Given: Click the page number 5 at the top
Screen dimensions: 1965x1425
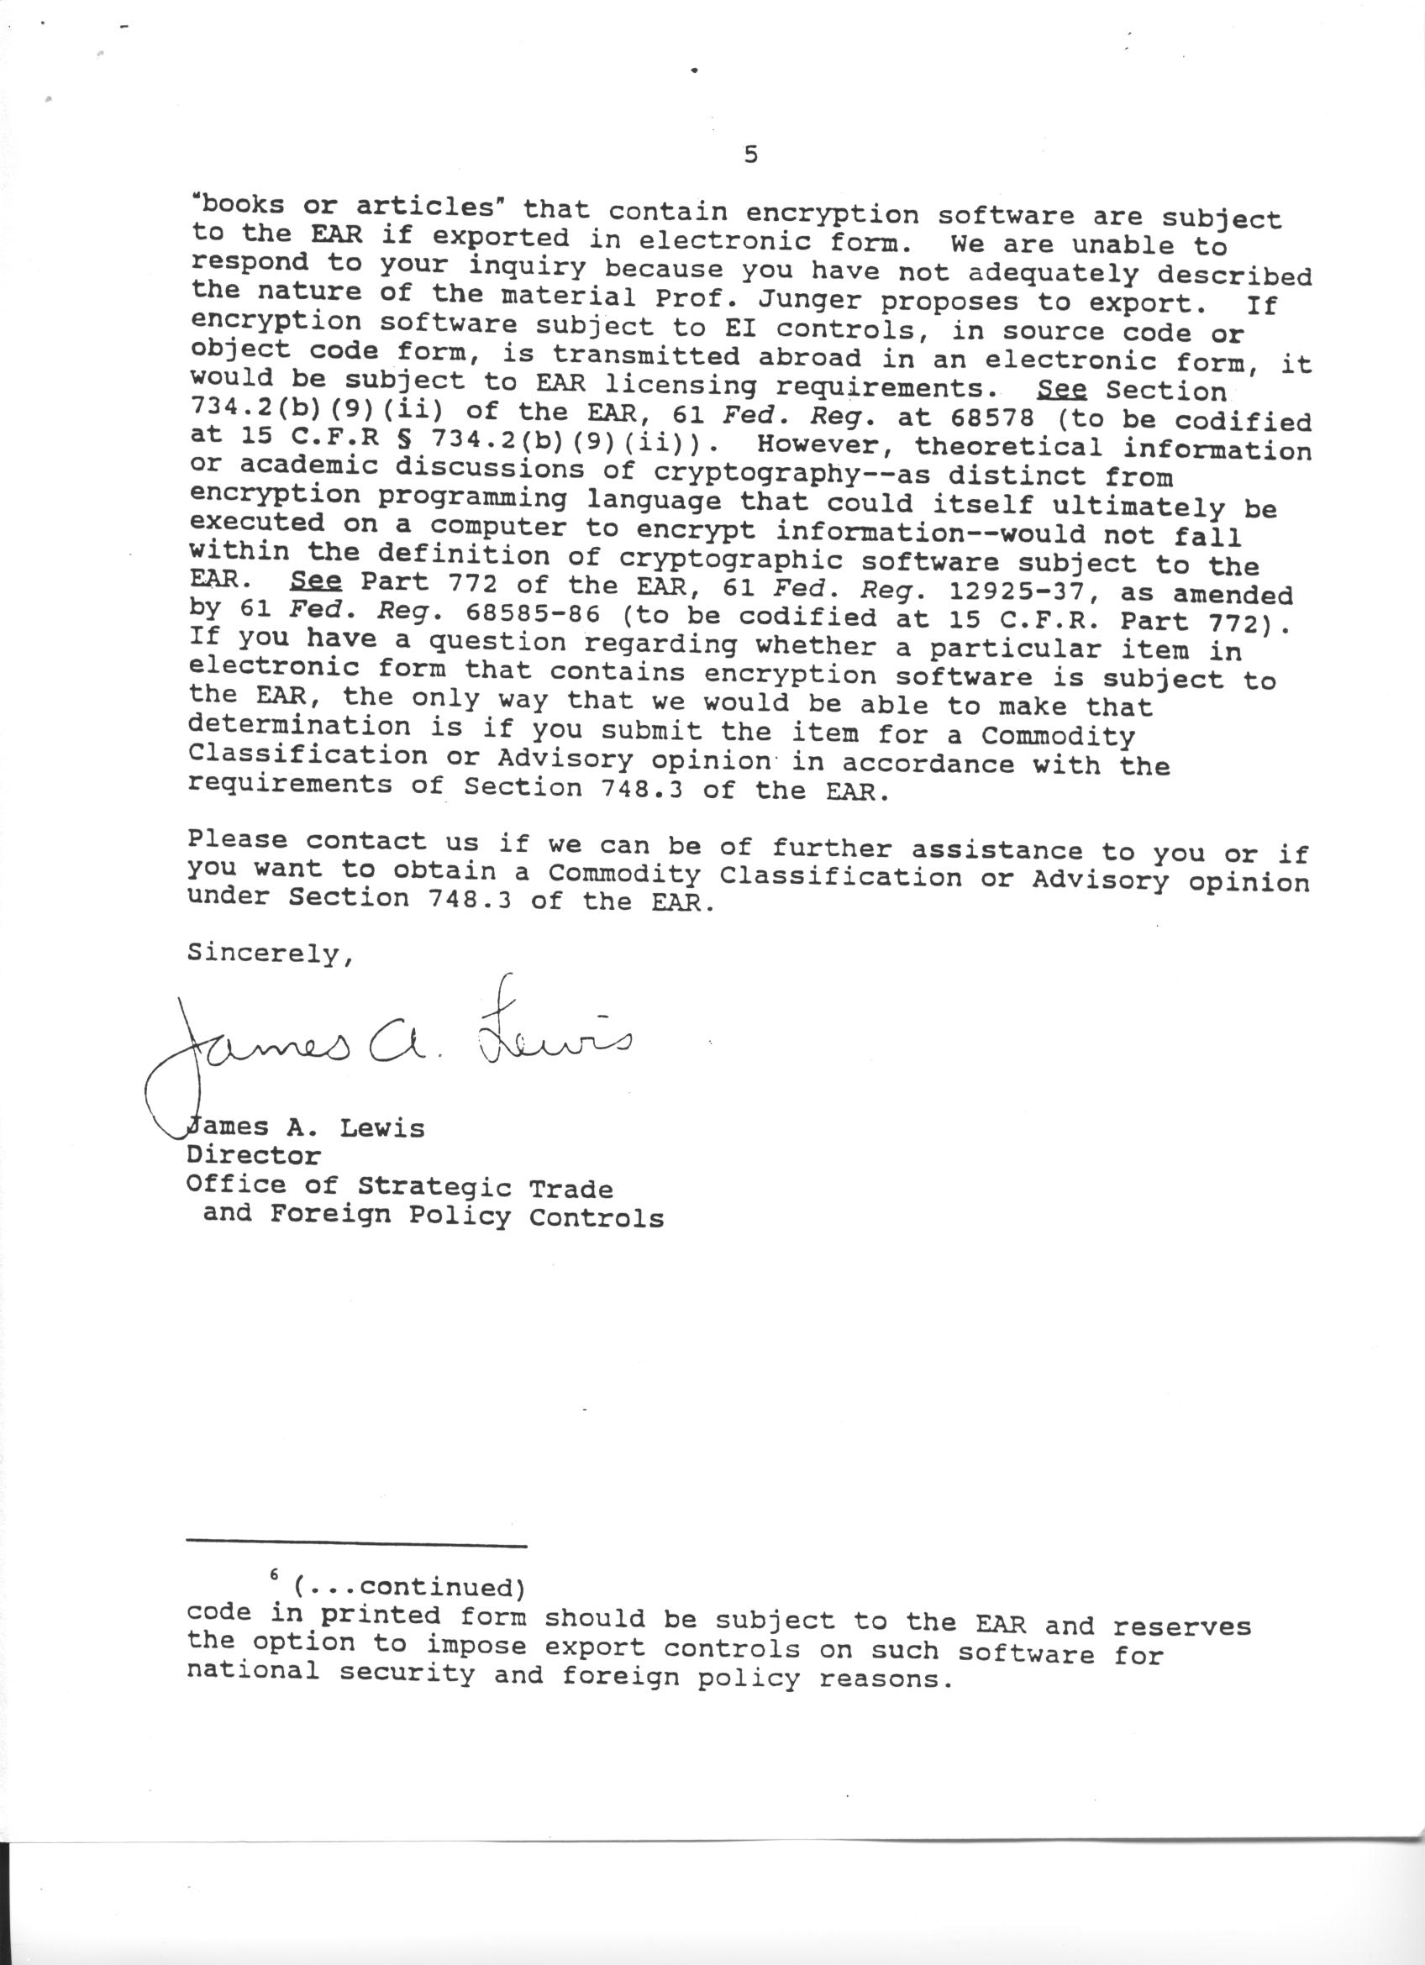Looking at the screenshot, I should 750,155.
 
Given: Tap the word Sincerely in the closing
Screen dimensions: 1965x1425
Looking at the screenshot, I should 270,954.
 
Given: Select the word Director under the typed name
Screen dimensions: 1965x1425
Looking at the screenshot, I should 253,1156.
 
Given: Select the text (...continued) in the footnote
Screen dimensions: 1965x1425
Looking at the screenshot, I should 410,1587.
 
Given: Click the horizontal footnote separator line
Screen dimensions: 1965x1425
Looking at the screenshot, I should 356,1545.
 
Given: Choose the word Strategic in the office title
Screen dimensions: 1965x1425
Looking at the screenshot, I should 435,1186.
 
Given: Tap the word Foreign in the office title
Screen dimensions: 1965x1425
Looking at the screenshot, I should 330,1214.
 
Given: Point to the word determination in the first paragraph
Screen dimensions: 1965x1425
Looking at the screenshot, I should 299,726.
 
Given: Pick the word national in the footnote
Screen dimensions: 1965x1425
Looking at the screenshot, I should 253,1670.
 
